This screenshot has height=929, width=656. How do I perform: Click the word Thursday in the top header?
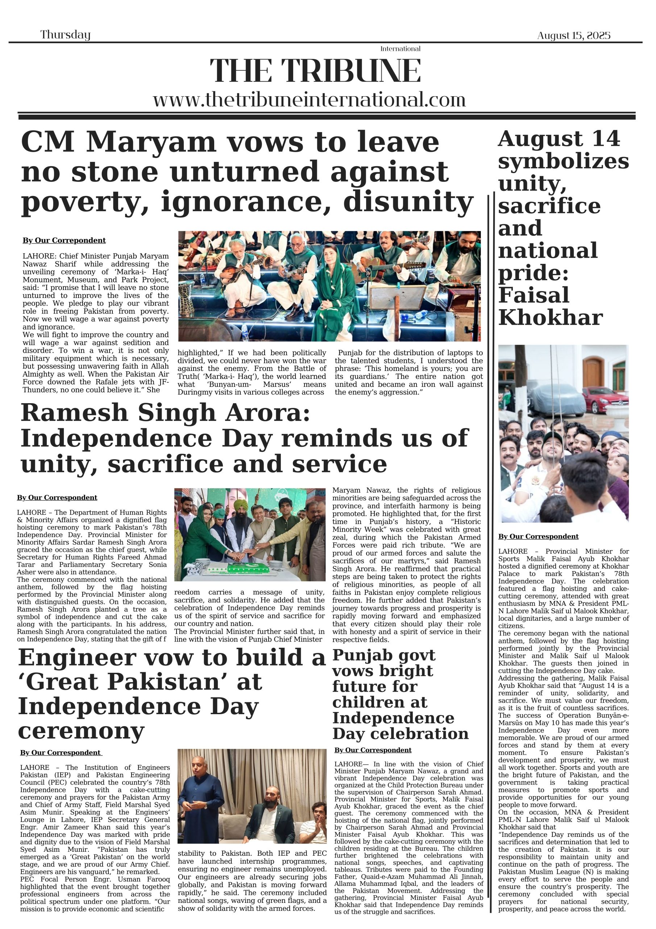(x=65, y=35)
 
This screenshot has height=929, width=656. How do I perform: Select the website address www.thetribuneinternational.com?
(x=309, y=99)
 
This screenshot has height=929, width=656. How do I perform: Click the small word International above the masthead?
(x=400, y=49)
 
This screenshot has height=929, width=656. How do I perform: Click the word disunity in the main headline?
(x=408, y=201)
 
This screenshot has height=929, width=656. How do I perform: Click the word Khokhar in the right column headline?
(x=551, y=318)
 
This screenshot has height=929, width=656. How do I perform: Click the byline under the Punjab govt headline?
(x=373, y=750)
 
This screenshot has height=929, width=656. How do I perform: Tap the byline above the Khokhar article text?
(x=538, y=536)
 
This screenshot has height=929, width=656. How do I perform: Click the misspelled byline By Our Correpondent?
(x=64, y=240)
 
